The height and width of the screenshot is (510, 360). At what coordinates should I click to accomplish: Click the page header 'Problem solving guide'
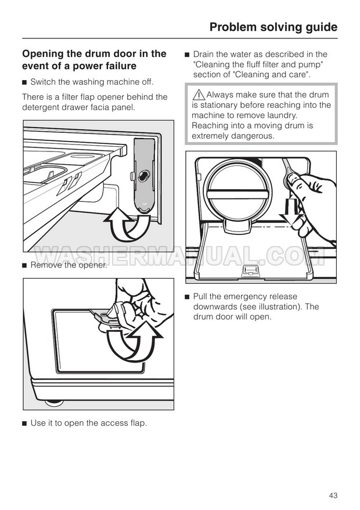(x=273, y=27)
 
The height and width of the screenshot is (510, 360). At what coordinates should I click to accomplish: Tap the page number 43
(x=333, y=495)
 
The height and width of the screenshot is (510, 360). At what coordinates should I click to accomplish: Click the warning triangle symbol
(x=199, y=95)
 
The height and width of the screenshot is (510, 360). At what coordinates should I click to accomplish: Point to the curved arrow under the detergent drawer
(x=127, y=224)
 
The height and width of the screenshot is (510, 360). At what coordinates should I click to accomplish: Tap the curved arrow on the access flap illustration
(x=134, y=342)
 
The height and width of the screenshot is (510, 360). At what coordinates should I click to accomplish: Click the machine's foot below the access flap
(x=54, y=403)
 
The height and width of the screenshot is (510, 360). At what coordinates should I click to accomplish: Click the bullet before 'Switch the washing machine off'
(x=24, y=82)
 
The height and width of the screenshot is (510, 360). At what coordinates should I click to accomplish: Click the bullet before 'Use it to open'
(x=24, y=424)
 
